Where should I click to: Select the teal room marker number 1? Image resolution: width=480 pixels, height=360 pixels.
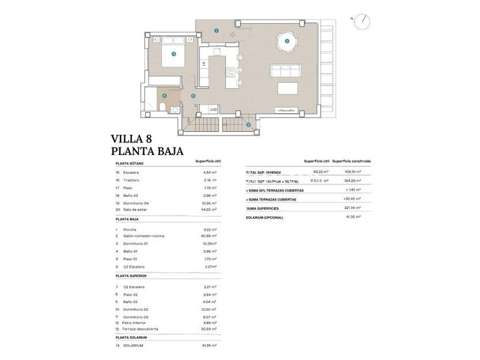point(216,30)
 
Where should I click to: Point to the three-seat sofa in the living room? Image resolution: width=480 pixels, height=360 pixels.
point(285,69)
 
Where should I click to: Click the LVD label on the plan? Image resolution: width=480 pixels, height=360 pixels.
point(214,109)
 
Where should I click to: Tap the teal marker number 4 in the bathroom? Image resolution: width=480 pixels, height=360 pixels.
point(164,96)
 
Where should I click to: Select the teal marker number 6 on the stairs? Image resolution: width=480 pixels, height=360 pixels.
point(248,125)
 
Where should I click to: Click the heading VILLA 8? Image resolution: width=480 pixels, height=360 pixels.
point(131,139)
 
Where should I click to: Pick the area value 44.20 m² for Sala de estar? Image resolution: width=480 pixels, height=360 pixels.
point(209,211)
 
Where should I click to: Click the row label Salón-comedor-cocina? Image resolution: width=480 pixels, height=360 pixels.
point(143,236)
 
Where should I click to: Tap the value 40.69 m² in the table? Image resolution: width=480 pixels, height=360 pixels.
point(209,236)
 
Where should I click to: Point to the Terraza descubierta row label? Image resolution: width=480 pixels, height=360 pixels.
point(141,329)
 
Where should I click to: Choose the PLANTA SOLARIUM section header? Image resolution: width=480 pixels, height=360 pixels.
point(131,337)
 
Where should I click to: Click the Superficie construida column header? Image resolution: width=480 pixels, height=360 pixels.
point(352,161)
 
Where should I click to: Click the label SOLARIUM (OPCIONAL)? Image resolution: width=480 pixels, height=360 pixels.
point(264,217)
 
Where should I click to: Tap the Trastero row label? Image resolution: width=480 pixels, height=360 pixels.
point(131,180)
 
